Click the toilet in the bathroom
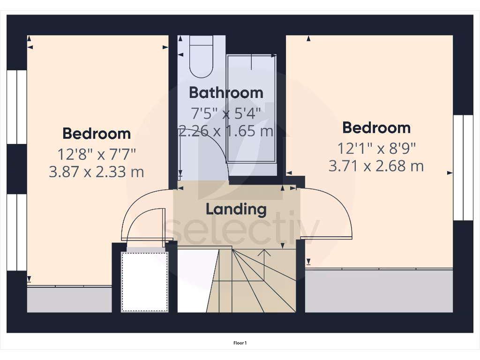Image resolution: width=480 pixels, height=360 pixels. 202,57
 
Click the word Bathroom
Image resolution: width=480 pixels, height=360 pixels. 226,93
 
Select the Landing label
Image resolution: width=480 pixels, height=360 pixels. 236,209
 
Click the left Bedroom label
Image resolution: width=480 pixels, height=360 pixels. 97,134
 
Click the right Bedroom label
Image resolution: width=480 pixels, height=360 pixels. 376,127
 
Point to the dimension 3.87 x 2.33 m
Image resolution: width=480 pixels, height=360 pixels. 97,172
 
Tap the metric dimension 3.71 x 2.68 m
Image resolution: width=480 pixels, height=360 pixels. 376,166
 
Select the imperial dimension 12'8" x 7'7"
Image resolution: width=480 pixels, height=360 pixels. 97,153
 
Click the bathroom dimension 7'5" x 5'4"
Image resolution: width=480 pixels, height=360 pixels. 226,113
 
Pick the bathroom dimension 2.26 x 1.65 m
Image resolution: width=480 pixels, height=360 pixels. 226,131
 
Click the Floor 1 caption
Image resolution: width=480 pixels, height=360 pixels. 240,343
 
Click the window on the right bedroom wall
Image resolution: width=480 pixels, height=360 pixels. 463,167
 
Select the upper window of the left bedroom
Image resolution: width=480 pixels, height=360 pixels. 17,107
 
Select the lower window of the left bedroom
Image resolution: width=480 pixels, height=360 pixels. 17,232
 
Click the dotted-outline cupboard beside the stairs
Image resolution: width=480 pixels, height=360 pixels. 144,282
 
